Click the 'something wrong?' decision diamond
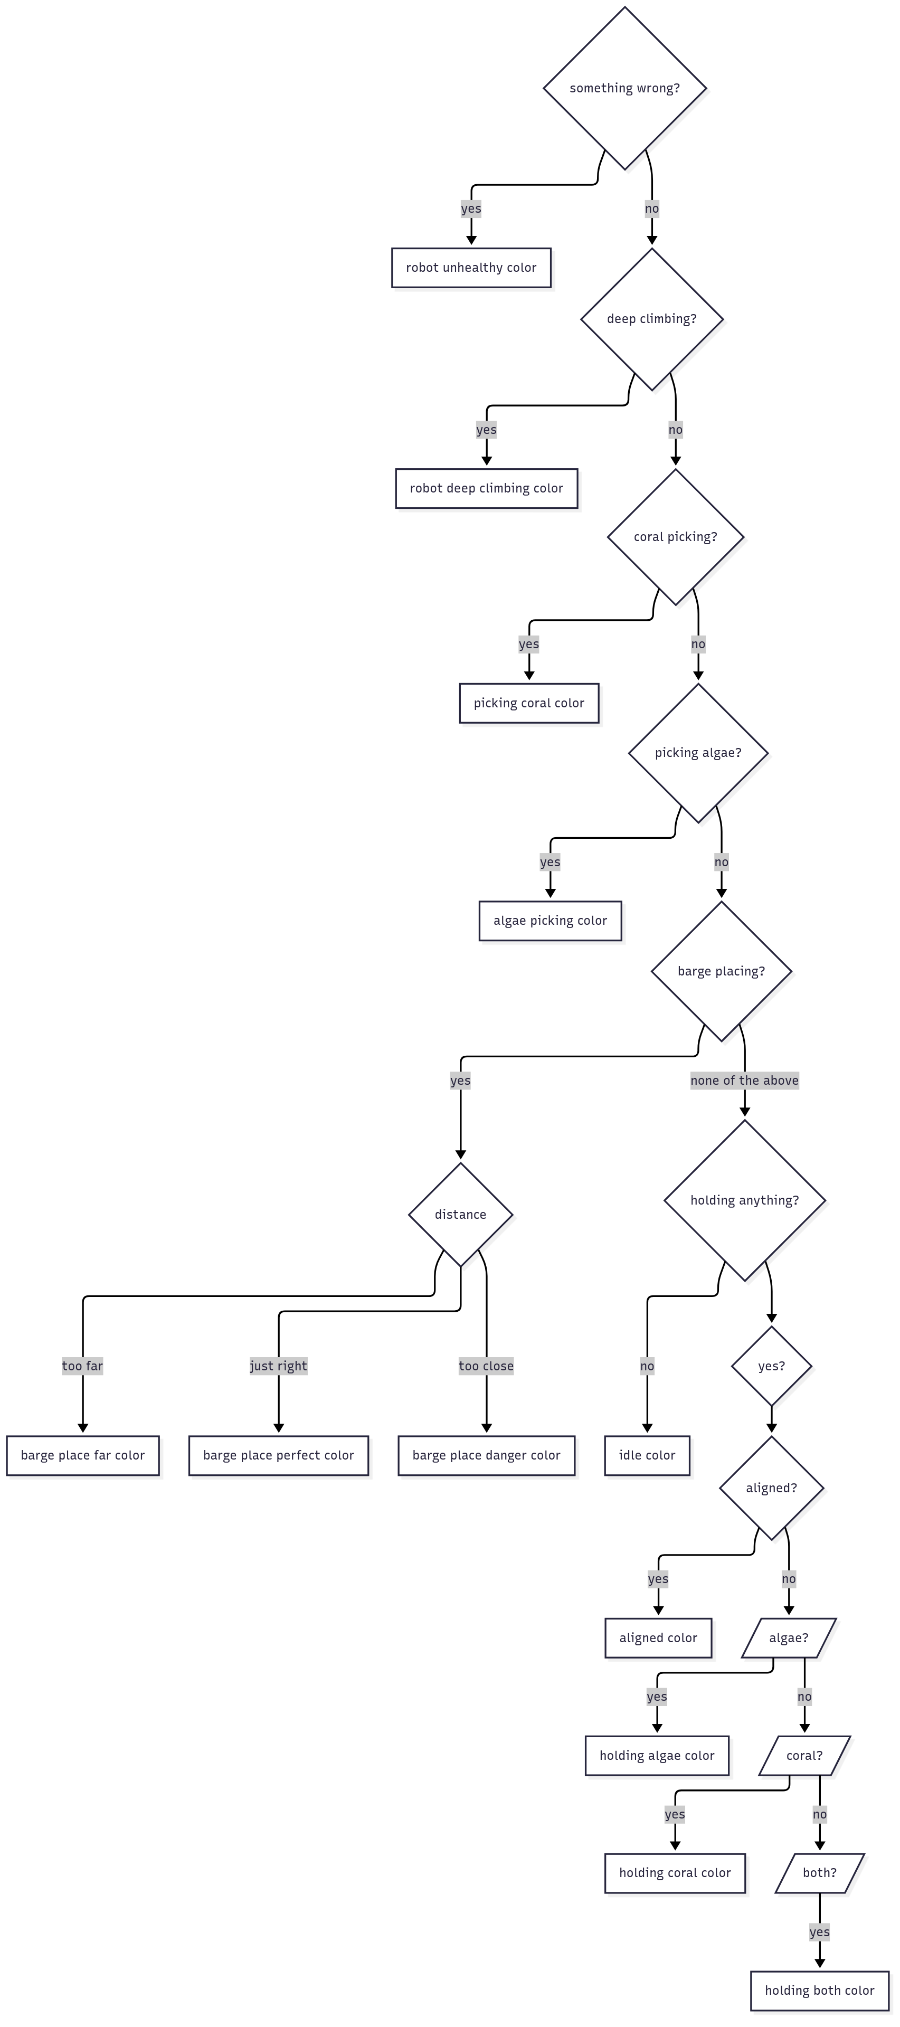pyautogui.click(x=624, y=88)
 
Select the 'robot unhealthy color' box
pyautogui.click(x=471, y=268)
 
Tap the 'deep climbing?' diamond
pyautogui.click(x=651, y=319)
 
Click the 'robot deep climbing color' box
pyautogui.click(x=486, y=488)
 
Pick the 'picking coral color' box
pyautogui.click(x=529, y=703)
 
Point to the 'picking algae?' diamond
pyautogui.click(x=698, y=752)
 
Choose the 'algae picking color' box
pyautogui.click(x=550, y=920)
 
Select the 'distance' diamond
pyautogui.click(x=460, y=1214)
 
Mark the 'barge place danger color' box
pyautogui.click(x=486, y=1455)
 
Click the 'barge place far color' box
pyautogui.click(x=82, y=1455)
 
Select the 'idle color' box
pyautogui.click(x=647, y=1455)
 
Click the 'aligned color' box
pyautogui.click(x=658, y=1637)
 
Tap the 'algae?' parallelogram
pyautogui.click(x=788, y=1637)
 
